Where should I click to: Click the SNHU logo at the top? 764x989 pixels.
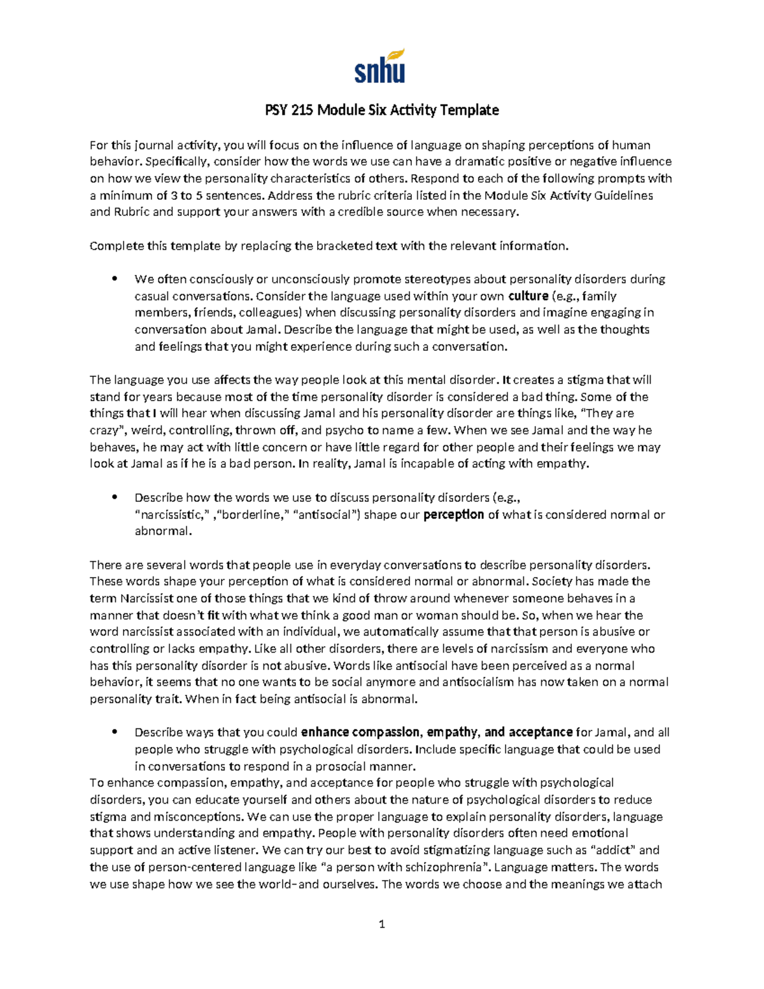pyautogui.click(x=379, y=66)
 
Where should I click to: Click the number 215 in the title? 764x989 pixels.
pyautogui.click(x=302, y=110)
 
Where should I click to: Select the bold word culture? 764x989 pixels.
pyautogui.click(x=528, y=296)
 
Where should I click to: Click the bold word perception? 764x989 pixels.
pyautogui.click(x=453, y=515)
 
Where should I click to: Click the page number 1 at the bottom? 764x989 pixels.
pyautogui.click(x=381, y=924)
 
